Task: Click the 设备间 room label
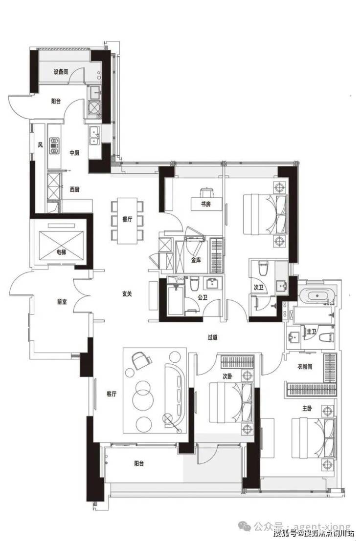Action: pyautogui.click(x=61, y=72)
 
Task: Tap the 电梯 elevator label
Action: pyautogui.click(x=61, y=252)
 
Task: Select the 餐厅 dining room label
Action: pyautogui.click(x=128, y=220)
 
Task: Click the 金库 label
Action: pyautogui.click(x=196, y=260)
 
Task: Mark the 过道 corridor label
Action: pyautogui.click(x=212, y=336)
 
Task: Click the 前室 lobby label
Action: pyautogui.click(x=62, y=302)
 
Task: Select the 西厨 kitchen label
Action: pyautogui.click(x=74, y=189)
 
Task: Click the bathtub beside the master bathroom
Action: pyautogui.click(x=316, y=295)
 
